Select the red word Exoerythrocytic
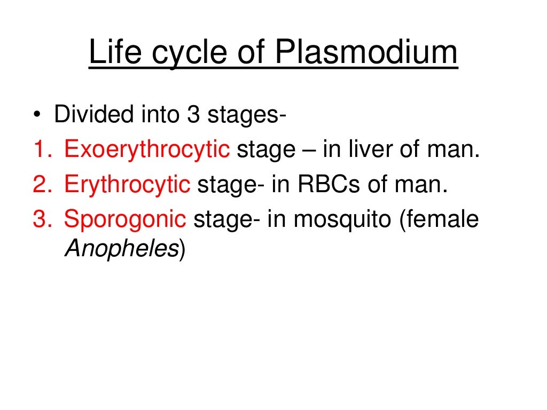tap(147, 151)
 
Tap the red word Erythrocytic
tap(127, 185)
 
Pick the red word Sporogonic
tap(125, 219)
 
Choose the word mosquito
tap(342, 220)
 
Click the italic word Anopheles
tap(121, 249)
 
